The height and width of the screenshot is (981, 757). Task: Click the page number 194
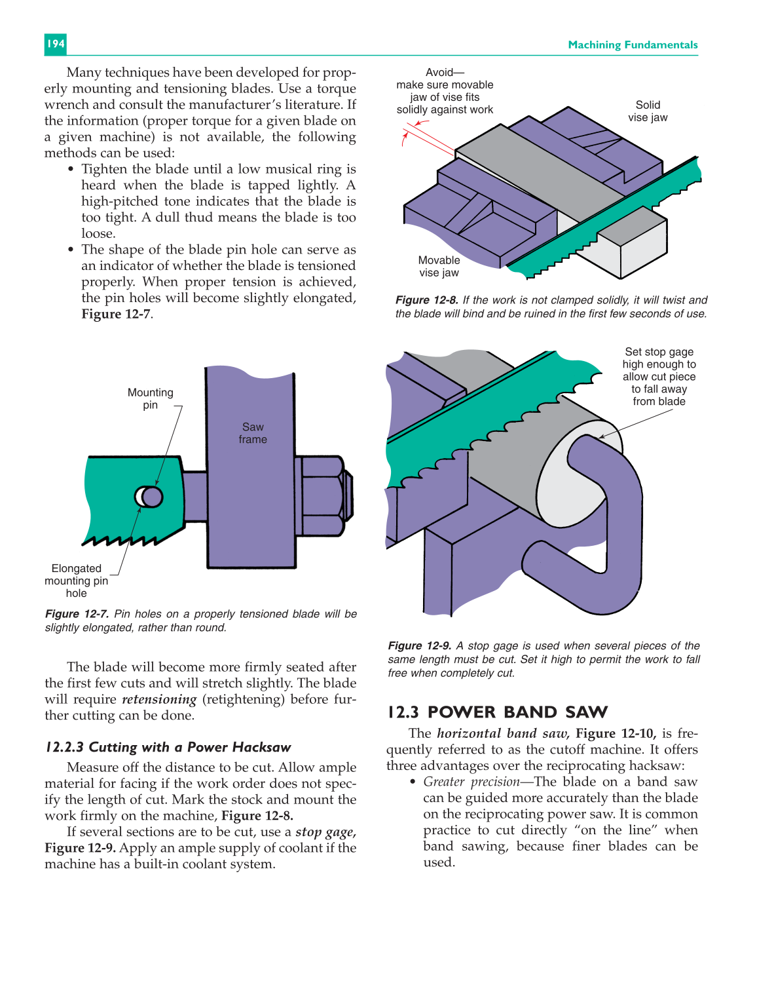55,44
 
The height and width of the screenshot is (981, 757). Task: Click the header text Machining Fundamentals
632,45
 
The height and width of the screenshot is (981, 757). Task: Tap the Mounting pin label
150,398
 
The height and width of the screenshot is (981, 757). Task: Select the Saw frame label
253,433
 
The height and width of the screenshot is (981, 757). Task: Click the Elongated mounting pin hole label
76,581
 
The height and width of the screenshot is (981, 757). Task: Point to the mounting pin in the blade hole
153,497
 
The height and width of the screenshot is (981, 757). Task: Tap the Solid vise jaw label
647,111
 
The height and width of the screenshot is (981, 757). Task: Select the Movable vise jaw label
439,266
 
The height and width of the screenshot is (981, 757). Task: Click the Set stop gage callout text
659,376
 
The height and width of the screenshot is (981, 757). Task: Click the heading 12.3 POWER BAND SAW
497,712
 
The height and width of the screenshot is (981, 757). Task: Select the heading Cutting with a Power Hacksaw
168,748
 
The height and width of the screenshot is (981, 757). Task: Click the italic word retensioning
159,699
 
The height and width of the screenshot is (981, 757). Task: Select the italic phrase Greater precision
471,782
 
